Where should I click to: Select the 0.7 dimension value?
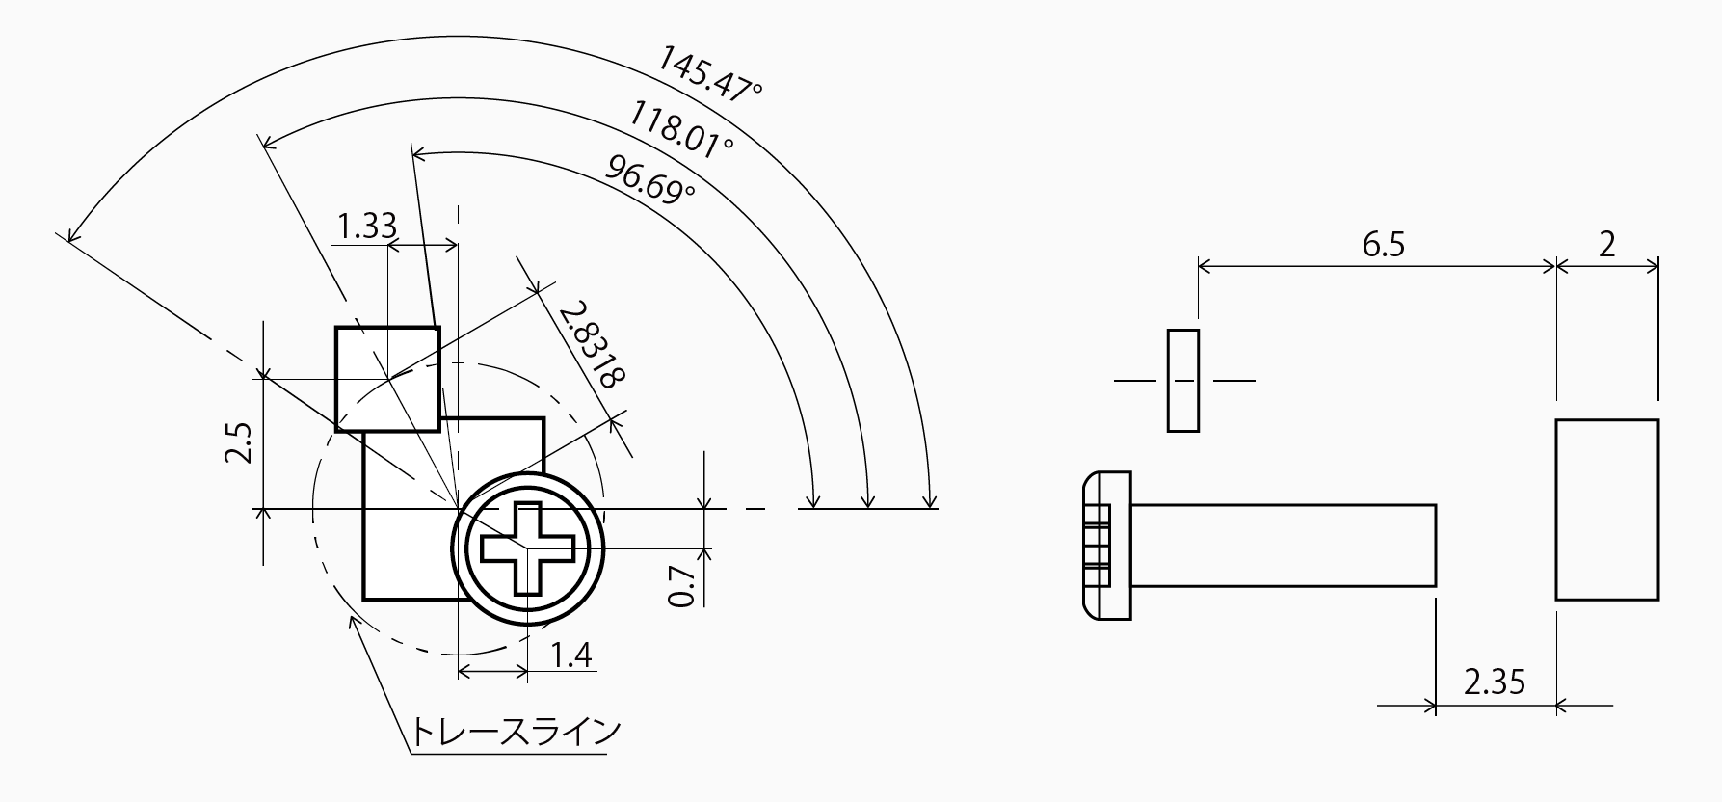tap(682, 585)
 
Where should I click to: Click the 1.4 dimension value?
tap(570, 656)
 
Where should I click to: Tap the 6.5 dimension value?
tap(1383, 245)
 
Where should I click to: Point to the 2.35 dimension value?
tap(1495, 683)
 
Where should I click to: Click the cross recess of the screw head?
tap(528, 548)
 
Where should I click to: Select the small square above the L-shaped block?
tap(387, 378)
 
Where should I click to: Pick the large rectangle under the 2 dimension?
tap(1606, 509)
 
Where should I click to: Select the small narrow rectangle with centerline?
tap(1183, 381)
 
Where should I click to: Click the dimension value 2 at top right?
tap(1606, 245)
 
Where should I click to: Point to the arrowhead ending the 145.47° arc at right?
tap(929, 500)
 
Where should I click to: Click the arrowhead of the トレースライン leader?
tap(353, 622)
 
